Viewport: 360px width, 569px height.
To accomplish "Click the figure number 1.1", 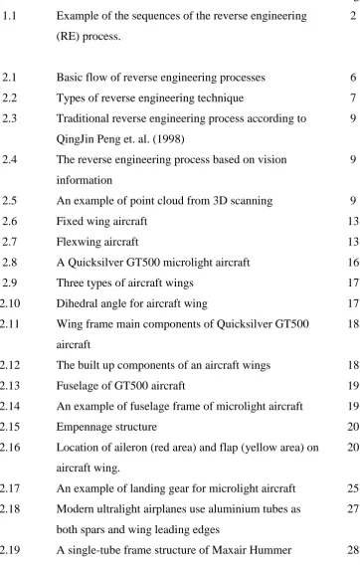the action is click(x=9, y=16).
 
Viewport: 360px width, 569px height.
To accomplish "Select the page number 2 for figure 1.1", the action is click(x=353, y=16).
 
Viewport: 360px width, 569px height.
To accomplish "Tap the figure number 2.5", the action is click(x=9, y=201).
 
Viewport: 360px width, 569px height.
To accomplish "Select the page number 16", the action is click(x=353, y=263).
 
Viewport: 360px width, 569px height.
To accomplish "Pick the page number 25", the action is click(x=353, y=488).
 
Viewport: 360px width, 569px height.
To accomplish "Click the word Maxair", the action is click(x=230, y=550).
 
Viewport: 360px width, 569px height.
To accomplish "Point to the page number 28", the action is click(x=353, y=550).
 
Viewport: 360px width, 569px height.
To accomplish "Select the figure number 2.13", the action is click(x=10, y=386).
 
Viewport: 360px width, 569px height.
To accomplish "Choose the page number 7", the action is click(x=353, y=97).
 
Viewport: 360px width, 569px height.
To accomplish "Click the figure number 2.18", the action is click(x=10, y=509).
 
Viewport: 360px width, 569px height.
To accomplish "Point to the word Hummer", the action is click(x=270, y=550).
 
